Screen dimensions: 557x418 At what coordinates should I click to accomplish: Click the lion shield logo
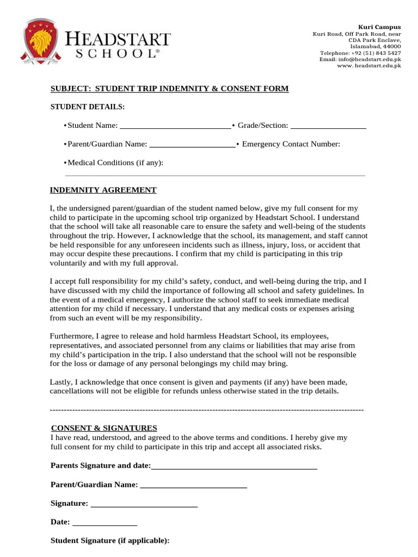pyautogui.click(x=41, y=41)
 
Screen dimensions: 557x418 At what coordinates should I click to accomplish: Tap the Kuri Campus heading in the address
pyautogui.click(x=379, y=27)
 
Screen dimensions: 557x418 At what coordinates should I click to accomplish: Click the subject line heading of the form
pyautogui.click(x=169, y=89)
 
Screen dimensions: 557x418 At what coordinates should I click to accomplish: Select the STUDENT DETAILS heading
pyautogui.click(x=88, y=107)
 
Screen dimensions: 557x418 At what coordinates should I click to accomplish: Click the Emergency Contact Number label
pyautogui.click(x=291, y=144)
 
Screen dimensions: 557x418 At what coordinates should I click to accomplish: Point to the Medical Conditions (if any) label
pyautogui.click(x=115, y=163)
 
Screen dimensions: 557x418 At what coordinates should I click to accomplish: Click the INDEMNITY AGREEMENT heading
pyautogui.click(x=103, y=190)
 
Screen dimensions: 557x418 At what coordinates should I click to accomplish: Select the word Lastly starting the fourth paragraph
pyautogui.click(x=60, y=382)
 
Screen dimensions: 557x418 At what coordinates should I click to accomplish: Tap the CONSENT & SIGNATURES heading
pyautogui.click(x=104, y=428)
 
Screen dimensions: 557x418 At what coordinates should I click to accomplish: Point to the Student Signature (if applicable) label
pyautogui.click(x=110, y=541)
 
